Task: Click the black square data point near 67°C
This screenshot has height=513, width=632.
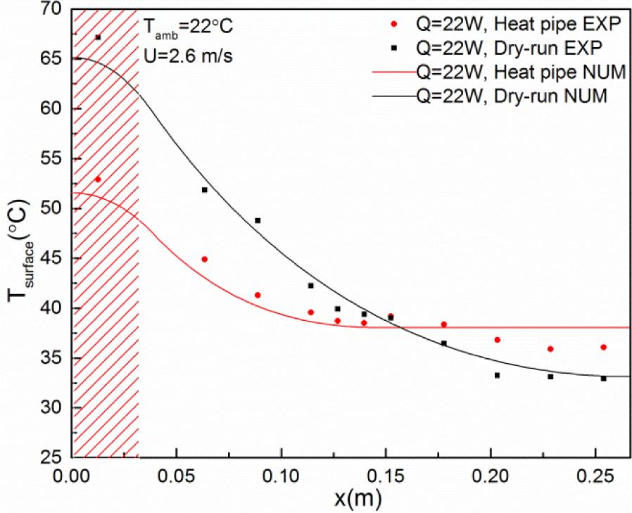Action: pos(98,37)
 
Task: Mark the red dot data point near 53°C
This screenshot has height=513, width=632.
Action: pos(98,179)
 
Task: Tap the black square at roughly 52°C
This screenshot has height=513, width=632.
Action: pos(204,190)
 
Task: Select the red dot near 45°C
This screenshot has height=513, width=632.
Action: pos(204,259)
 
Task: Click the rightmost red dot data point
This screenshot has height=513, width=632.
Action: pos(603,347)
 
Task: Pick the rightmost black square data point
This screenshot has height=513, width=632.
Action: pos(603,379)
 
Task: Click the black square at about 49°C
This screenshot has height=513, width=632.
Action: pos(258,220)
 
